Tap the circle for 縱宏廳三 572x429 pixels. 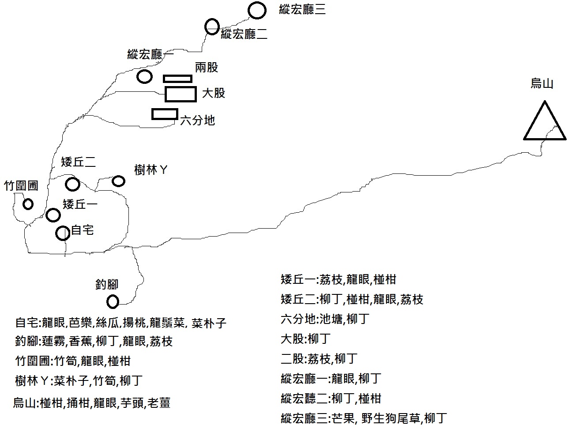coord(257,11)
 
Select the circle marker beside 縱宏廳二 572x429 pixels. coord(212,26)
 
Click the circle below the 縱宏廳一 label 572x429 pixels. coord(144,76)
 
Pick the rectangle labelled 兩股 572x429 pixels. coord(177,79)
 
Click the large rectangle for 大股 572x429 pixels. coord(180,94)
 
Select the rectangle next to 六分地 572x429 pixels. coord(165,114)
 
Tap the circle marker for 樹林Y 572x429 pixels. coord(118,181)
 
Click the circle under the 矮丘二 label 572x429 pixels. coord(72,184)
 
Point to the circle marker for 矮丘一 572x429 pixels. coord(53,215)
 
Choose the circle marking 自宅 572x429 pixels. coord(63,233)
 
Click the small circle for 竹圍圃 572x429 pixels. coord(28,204)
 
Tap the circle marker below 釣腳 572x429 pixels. coord(113,301)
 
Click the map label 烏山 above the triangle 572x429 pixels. coord(542,83)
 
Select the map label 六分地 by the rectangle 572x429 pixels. coord(197,120)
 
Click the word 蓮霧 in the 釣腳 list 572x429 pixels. coord(53,342)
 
